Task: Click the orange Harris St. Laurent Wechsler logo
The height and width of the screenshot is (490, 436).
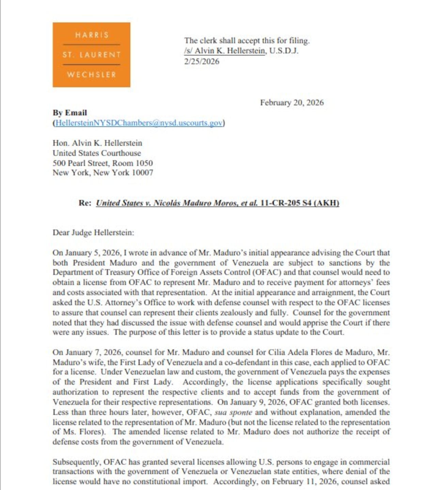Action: (x=91, y=55)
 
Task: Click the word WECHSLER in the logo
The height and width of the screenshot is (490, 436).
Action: (x=91, y=74)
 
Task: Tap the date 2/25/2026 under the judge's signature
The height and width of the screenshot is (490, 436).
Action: (x=202, y=61)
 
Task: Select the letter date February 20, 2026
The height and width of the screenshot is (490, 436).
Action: (x=292, y=103)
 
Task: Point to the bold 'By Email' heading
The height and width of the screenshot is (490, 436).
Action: (x=69, y=113)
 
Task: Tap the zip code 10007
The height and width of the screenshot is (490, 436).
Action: (x=142, y=173)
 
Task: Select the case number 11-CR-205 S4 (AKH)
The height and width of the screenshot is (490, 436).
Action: (x=299, y=203)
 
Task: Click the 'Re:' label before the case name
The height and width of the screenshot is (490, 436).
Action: (x=85, y=203)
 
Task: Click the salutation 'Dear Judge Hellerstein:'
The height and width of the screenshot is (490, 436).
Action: (x=93, y=233)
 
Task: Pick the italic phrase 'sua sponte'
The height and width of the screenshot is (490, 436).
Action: (x=233, y=412)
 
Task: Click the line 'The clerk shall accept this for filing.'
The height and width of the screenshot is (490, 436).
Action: (x=247, y=41)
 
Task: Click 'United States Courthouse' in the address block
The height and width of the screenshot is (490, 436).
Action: (x=96, y=153)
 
